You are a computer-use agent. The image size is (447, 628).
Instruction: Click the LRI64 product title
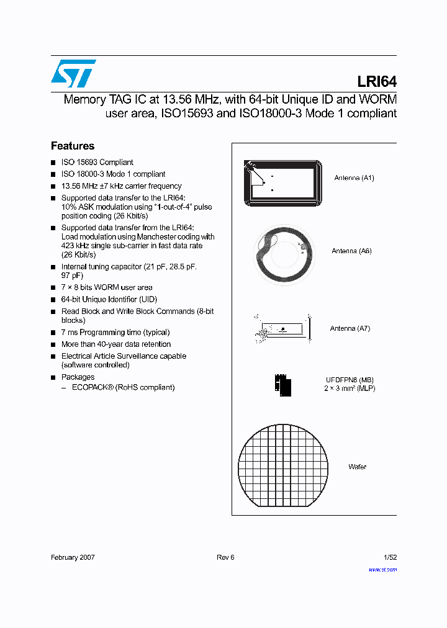(x=377, y=82)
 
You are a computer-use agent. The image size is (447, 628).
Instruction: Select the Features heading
(x=73, y=146)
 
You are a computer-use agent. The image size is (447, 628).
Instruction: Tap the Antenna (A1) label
(x=354, y=178)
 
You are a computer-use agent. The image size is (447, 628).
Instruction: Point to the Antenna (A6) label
(x=351, y=251)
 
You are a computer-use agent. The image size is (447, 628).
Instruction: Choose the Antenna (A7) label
(x=350, y=328)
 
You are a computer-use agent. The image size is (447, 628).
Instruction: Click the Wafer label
(x=357, y=467)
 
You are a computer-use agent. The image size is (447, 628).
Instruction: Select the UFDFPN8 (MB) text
(x=350, y=380)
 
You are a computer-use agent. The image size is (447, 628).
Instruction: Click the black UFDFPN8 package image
(x=282, y=384)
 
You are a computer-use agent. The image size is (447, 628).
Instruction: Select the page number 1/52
(x=389, y=557)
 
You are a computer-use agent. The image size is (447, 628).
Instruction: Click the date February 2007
(x=73, y=557)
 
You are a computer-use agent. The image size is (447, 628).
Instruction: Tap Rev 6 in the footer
(x=225, y=557)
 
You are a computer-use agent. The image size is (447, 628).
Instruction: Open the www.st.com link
(x=382, y=570)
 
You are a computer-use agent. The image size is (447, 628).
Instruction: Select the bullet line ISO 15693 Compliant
(x=97, y=163)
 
